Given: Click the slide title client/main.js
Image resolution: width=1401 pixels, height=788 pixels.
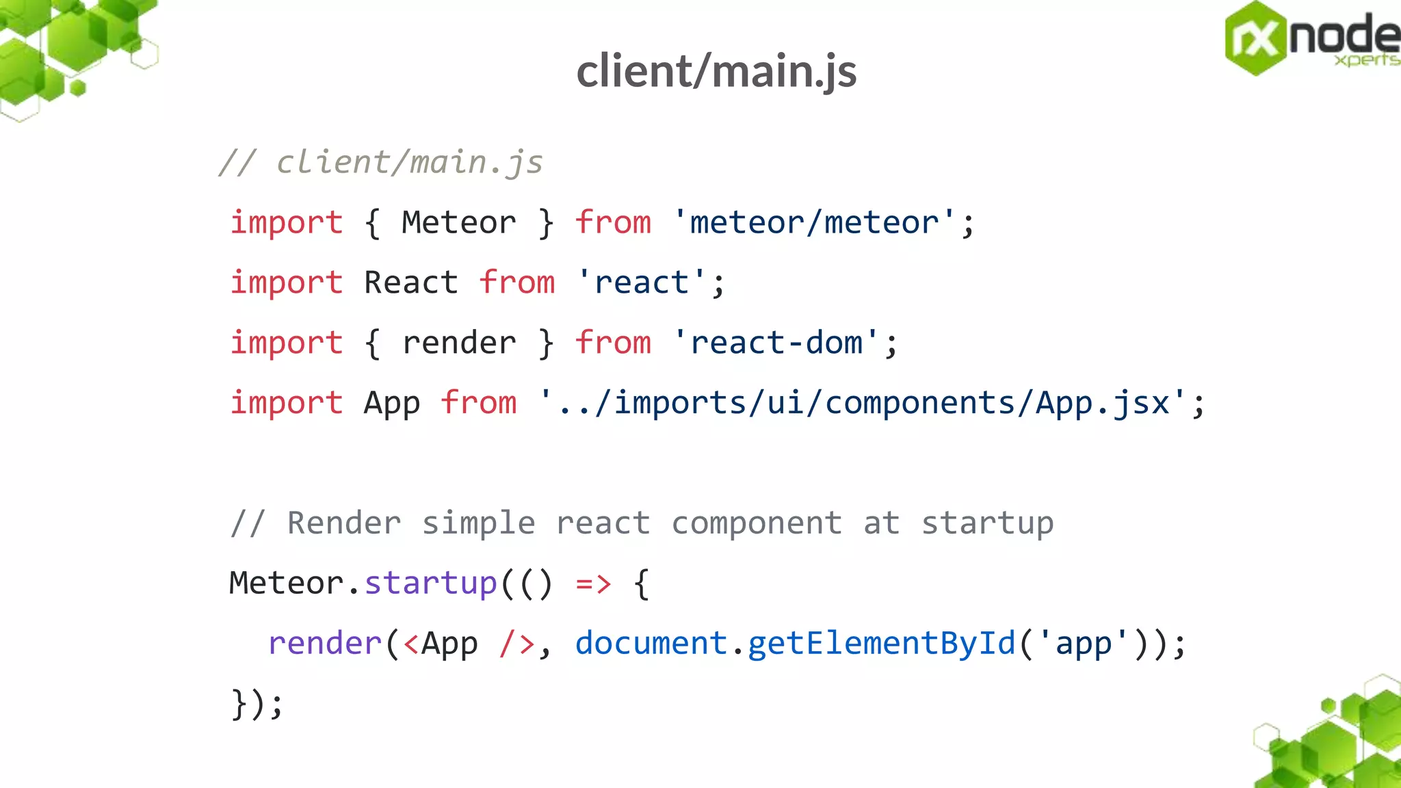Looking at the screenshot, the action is [x=716, y=71].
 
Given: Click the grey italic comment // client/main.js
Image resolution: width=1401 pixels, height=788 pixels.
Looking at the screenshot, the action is [x=380, y=163].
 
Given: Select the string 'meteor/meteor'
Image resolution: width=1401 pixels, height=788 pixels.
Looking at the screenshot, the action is [x=813, y=223].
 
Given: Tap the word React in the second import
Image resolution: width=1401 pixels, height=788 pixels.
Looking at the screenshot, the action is [x=410, y=283].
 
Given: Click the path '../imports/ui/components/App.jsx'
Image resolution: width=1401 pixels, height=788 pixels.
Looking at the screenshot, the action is [x=863, y=403].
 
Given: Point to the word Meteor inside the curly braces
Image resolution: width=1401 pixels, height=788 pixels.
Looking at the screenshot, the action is [x=458, y=223].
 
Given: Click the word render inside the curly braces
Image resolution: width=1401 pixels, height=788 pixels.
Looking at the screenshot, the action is [x=458, y=343].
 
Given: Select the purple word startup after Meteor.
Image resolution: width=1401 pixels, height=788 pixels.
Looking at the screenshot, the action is [x=430, y=583].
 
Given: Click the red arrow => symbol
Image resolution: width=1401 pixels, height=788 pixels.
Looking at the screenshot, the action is [x=592, y=583].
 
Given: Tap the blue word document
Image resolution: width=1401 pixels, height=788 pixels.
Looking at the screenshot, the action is [x=651, y=644].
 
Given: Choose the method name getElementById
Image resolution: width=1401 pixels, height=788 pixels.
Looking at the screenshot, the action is [x=881, y=644].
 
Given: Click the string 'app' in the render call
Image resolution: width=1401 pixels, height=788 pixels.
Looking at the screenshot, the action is [x=1083, y=644].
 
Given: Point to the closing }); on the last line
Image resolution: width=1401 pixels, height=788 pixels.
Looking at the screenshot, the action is [x=257, y=704].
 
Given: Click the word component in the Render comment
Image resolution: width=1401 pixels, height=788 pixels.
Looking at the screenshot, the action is [x=757, y=523].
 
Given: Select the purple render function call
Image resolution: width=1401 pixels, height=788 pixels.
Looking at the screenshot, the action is [x=324, y=644].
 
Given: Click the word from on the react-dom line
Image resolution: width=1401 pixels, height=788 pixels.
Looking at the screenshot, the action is [x=613, y=343].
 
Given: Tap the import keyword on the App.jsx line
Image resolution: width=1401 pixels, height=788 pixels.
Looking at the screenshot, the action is [x=286, y=403].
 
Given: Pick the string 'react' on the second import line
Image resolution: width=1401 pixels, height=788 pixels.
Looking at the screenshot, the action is [x=642, y=283].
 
